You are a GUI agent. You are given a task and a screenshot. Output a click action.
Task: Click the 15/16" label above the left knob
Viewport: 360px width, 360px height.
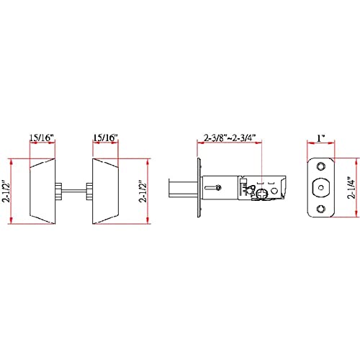click(x=41, y=138)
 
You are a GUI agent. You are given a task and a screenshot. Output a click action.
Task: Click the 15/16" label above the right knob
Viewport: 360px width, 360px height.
click(x=105, y=138)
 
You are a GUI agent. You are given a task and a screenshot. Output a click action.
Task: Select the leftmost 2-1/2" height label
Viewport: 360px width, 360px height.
click(x=6, y=191)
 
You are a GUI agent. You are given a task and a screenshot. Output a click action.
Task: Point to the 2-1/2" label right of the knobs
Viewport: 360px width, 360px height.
click(x=143, y=191)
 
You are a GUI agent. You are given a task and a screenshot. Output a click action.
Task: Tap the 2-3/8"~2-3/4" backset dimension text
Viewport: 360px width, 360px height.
click(x=230, y=138)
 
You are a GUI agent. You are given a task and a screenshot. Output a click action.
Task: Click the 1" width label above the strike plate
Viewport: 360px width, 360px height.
click(x=321, y=138)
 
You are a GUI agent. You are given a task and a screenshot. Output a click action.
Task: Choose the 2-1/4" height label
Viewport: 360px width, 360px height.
click(x=351, y=188)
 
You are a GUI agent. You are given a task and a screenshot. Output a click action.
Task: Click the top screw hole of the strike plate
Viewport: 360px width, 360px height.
click(x=321, y=166)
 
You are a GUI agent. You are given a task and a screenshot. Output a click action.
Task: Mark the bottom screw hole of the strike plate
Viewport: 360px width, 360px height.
click(x=321, y=209)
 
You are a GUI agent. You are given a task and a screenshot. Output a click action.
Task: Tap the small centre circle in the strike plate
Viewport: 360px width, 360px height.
click(x=321, y=188)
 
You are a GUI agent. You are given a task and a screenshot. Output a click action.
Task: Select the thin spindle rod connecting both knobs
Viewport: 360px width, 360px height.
click(x=74, y=191)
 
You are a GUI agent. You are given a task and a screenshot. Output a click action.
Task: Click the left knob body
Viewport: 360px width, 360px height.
click(x=42, y=192)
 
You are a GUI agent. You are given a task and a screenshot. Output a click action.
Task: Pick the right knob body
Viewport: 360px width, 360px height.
click(x=105, y=192)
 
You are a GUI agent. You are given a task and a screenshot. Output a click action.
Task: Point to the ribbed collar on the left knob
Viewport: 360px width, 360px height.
click(x=58, y=192)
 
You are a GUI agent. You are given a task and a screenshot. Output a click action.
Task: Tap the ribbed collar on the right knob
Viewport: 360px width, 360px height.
click(x=89, y=192)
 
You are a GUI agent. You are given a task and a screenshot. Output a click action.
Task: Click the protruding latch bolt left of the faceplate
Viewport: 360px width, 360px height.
click(x=183, y=188)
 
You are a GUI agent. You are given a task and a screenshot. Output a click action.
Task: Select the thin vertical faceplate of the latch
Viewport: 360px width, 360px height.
click(x=199, y=188)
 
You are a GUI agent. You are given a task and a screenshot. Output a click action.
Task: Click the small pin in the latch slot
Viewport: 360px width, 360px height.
click(x=218, y=188)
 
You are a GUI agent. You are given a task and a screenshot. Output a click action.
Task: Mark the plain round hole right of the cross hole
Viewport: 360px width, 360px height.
click(x=274, y=191)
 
